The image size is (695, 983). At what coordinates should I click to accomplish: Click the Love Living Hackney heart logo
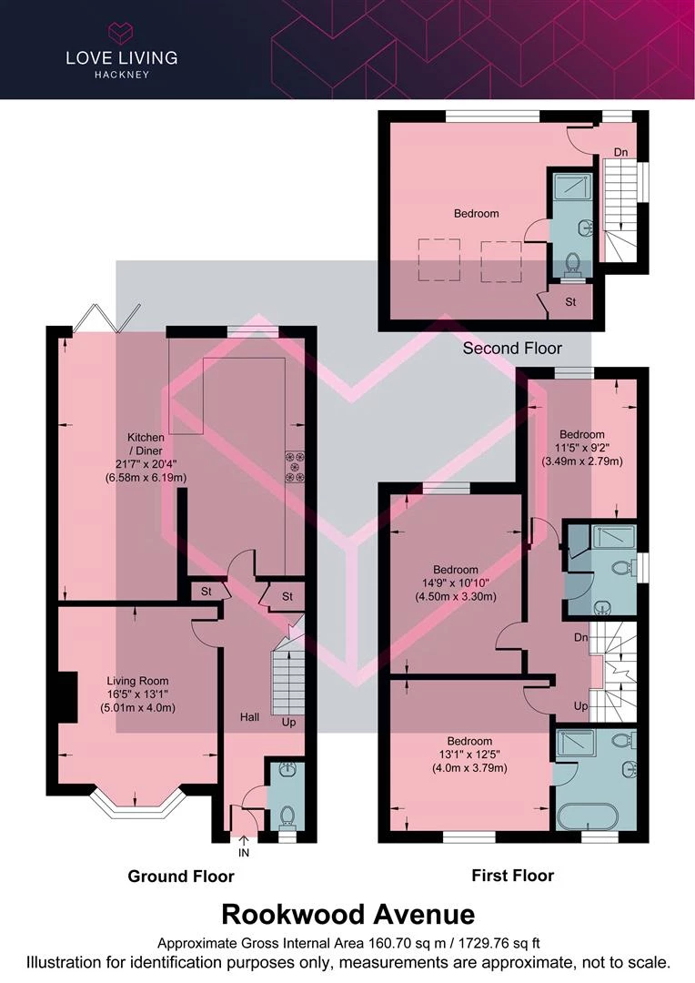120,34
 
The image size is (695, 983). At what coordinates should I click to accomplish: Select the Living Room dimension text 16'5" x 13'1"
137,694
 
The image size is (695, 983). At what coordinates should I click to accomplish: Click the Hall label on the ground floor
249,717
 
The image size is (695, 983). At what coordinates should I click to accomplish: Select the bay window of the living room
136,802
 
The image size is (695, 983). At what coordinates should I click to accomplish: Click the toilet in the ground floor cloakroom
287,815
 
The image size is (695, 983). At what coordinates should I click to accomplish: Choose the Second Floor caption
512,348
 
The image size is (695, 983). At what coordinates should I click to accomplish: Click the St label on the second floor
570,301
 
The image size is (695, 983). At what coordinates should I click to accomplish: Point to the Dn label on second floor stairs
619,152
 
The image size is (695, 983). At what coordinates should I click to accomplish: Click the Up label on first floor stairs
579,706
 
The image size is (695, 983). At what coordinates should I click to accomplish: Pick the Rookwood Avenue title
347,913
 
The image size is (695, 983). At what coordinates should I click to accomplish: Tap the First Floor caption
512,876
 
